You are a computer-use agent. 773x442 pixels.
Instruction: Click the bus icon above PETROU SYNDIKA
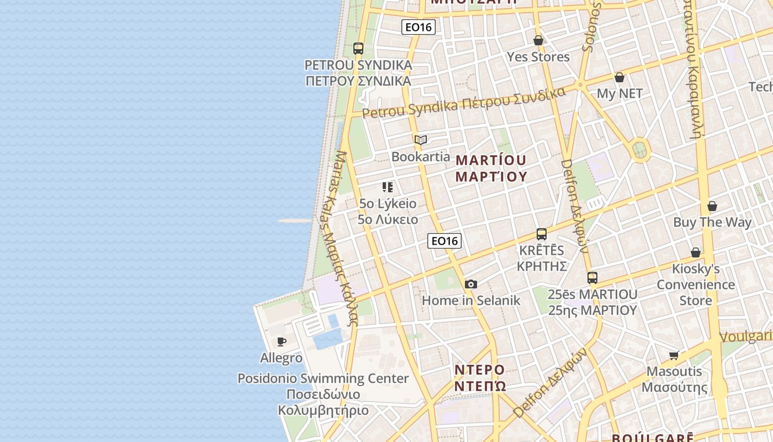click(358, 49)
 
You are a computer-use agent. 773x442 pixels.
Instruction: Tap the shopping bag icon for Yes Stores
click(538, 40)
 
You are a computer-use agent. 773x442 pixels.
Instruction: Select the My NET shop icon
click(620, 77)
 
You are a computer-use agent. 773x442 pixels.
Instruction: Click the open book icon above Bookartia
click(421, 140)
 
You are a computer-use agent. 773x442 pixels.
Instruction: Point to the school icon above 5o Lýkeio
click(388, 187)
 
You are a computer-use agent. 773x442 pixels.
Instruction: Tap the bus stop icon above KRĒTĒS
click(542, 234)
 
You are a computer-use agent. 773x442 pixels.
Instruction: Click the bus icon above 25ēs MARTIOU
click(592, 278)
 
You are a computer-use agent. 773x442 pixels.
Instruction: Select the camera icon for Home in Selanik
click(471, 284)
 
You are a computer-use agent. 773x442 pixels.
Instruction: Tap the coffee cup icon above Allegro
click(281, 341)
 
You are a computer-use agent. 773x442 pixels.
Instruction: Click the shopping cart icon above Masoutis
click(674, 355)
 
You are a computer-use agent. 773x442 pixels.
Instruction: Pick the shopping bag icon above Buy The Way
click(712, 206)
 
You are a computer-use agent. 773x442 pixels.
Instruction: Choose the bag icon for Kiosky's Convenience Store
click(696, 252)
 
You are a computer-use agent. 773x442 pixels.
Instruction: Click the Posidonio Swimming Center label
click(323, 378)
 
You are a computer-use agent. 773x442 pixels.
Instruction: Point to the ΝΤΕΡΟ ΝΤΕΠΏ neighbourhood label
click(480, 377)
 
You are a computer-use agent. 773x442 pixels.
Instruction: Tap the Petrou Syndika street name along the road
click(464, 103)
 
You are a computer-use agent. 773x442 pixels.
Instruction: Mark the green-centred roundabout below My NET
click(640, 149)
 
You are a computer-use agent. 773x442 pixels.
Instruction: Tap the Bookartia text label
click(421, 156)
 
